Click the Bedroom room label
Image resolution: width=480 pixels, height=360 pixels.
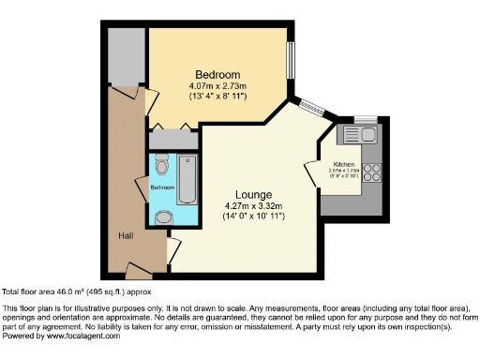click(217, 75)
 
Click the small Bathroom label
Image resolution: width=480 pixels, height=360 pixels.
click(163, 187)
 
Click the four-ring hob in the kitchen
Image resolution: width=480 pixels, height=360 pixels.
click(370, 172)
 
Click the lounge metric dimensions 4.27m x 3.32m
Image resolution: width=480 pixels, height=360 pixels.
click(253, 206)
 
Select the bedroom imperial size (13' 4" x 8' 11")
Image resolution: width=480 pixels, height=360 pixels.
click(217, 98)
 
